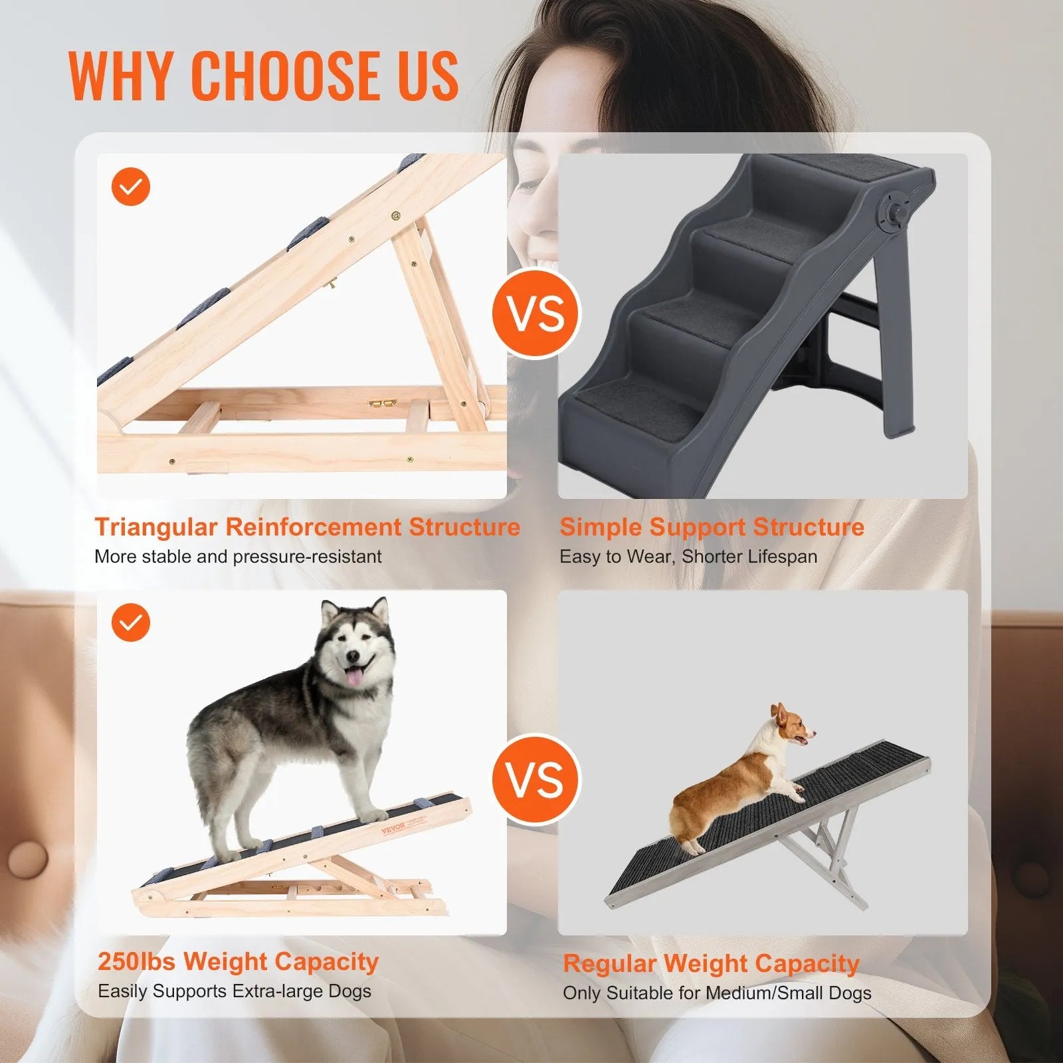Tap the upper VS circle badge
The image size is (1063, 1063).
pyautogui.click(x=536, y=314)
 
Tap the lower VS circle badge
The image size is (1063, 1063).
pyautogui.click(x=536, y=779)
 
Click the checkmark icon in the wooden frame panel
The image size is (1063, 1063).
pyautogui.click(x=131, y=187)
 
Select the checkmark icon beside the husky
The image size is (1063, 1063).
pyautogui.click(x=131, y=623)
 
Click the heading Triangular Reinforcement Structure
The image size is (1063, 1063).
pyautogui.click(x=307, y=527)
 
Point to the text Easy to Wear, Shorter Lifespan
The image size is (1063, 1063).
pyautogui.click(x=688, y=557)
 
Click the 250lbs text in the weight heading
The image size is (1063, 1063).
pyautogui.click(x=136, y=961)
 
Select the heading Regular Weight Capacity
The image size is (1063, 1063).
pyautogui.click(x=711, y=963)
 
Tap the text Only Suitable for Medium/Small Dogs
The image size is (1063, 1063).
pyautogui.click(x=716, y=993)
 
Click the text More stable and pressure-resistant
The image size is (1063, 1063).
pyautogui.click(x=238, y=557)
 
